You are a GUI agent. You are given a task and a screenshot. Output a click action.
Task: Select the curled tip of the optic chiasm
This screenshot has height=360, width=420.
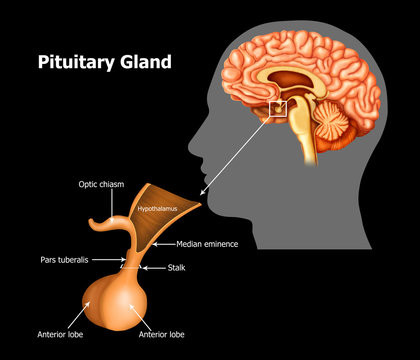click(93, 222)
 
